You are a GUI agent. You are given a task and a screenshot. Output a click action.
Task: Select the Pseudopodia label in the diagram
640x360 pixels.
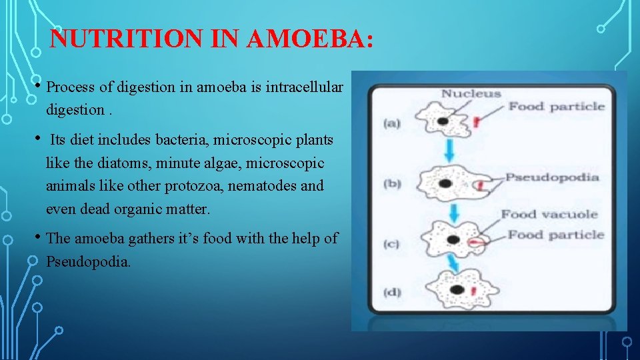[552, 177]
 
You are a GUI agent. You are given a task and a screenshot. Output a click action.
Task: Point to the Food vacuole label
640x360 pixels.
[549, 214]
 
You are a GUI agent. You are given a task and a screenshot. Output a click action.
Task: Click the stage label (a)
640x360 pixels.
[392, 123]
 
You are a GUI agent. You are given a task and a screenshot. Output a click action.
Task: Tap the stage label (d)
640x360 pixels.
[392, 292]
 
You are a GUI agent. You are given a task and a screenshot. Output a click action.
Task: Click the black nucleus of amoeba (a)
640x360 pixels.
[443, 121]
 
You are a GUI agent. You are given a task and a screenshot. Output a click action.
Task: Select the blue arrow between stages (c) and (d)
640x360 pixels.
[455, 265]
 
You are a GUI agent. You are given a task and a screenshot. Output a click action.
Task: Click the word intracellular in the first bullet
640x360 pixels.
[305, 87]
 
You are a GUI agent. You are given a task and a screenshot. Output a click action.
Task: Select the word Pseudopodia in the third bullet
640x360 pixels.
[88, 261]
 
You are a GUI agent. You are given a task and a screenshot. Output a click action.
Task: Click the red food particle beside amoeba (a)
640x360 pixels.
[477, 121]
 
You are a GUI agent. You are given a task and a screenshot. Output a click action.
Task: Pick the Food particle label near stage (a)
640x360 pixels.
[557, 107]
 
